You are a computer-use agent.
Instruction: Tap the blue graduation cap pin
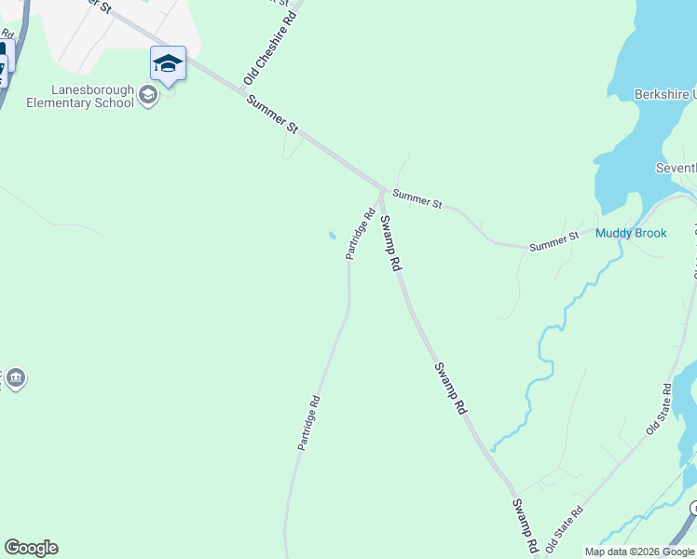168,64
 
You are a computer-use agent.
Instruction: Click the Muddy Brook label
631,233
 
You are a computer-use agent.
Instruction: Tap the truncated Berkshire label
664,95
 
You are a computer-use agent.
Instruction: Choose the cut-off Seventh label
676,168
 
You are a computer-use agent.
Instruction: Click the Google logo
31,548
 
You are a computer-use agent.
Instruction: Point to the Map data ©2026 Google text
640,552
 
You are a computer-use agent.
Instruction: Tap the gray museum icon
15,378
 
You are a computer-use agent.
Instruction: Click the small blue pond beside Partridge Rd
331,235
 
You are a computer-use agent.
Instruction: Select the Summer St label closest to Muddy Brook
554,241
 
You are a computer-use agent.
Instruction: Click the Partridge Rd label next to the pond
360,234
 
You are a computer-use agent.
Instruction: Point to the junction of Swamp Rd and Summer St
381,189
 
